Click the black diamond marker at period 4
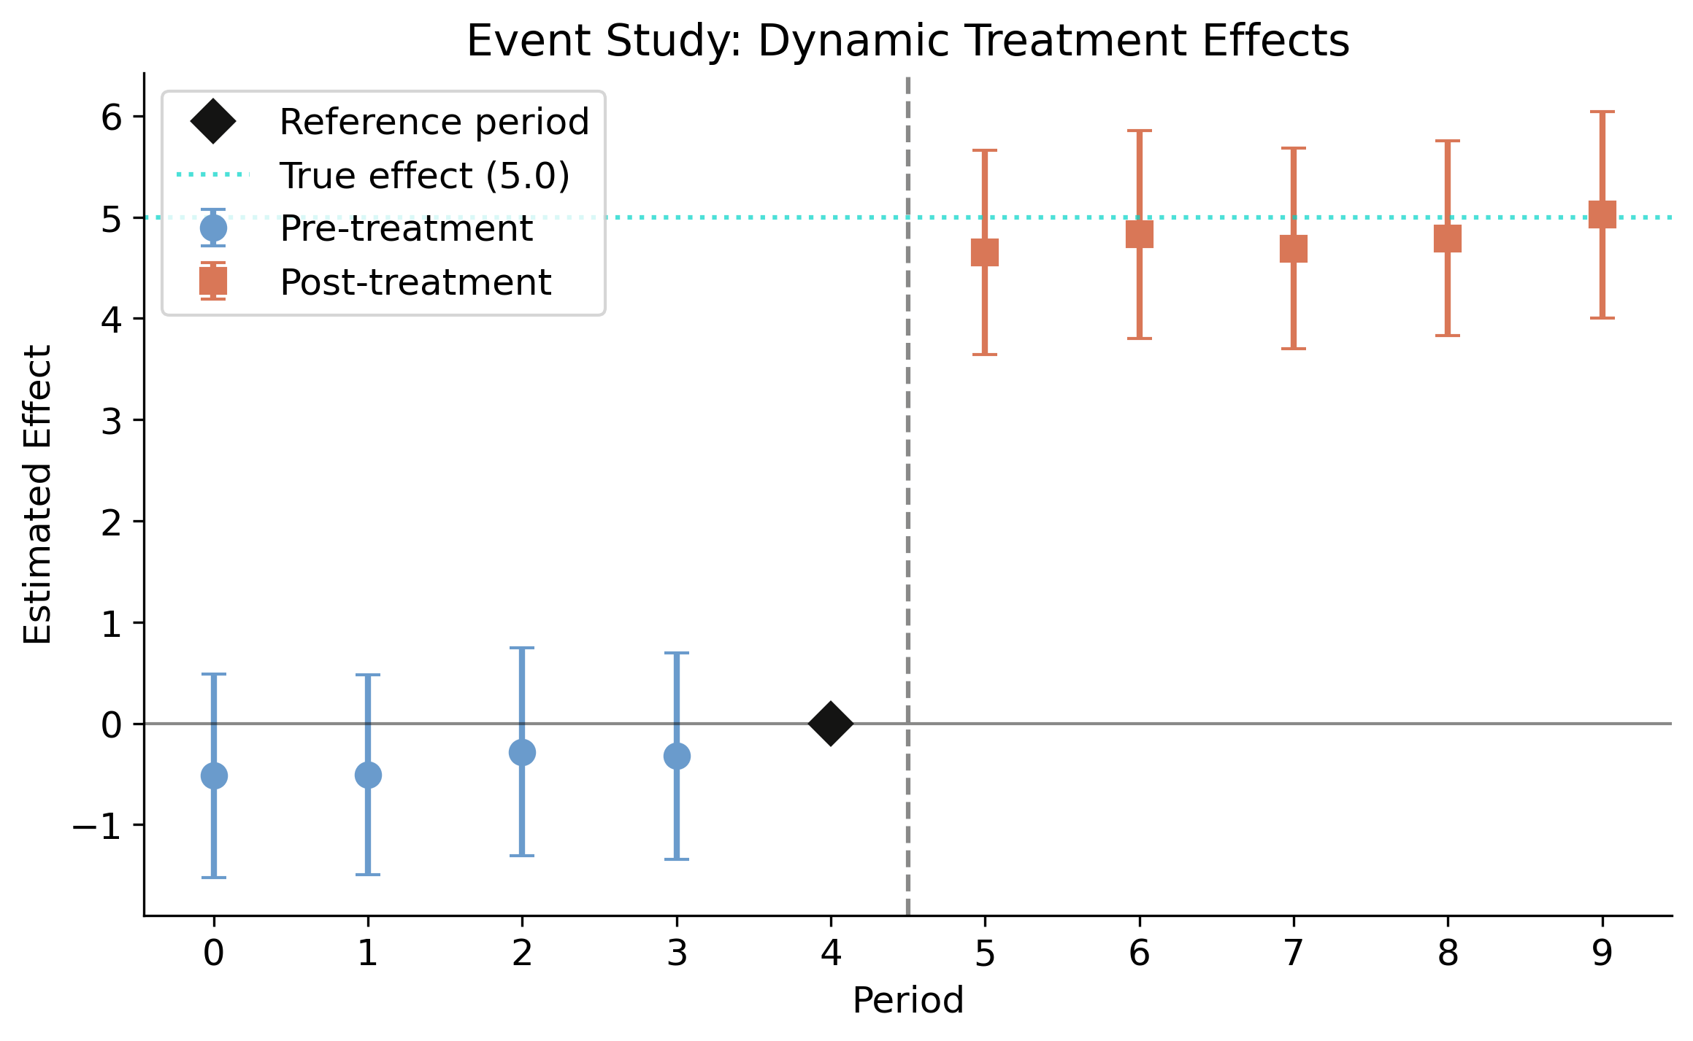pos(830,724)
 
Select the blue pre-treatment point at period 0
pos(213,775)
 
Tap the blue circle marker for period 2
pos(522,752)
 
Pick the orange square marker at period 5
pos(985,252)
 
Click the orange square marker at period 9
pos(1602,214)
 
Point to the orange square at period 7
pos(1294,249)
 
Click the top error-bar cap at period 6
pos(1139,131)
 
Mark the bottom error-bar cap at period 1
pos(368,874)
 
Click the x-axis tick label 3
pos(677,953)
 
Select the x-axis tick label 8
pos(1448,953)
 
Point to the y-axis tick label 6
pos(112,117)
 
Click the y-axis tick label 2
pos(112,522)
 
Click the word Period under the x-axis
pos(907,1001)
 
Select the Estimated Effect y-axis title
pos(38,495)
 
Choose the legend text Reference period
pos(434,122)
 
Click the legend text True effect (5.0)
pos(424,176)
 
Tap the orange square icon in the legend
pos(213,281)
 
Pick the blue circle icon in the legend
pos(213,228)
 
